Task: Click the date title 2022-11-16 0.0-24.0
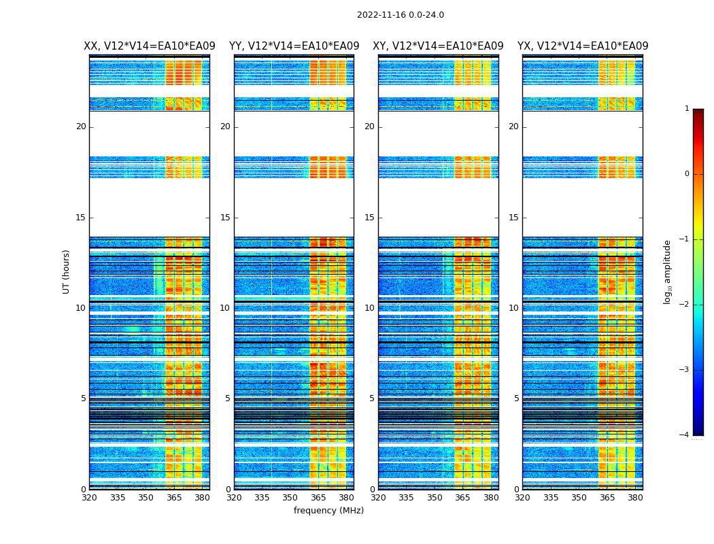click(401, 15)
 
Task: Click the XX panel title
click(150, 46)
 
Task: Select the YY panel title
click(294, 46)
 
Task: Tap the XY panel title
click(438, 46)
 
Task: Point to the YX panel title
click(583, 46)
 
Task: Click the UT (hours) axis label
click(67, 271)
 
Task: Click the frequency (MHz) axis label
click(328, 511)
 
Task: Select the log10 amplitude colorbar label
click(667, 271)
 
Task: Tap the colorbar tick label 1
click(686, 109)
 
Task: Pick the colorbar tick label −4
click(685, 435)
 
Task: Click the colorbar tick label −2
click(685, 305)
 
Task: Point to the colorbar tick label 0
click(686, 174)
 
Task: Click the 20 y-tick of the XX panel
click(81, 126)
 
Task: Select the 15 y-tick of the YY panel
click(225, 218)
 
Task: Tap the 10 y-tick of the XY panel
click(369, 308)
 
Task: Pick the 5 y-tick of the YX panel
click(516, 398)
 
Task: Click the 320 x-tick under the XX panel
click(89, 498)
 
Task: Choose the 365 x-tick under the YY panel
click(318, 498)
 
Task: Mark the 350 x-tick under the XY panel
click(435, 498)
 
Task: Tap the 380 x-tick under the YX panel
click(635, 498)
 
